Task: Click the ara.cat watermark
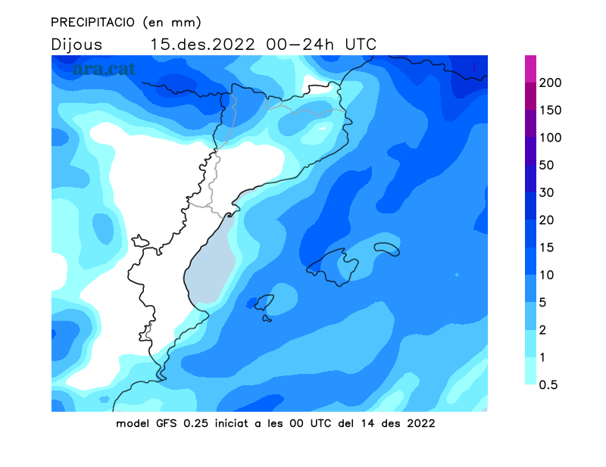pyautogui.click(x=104, y=69)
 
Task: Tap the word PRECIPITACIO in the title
pyautogui.click(x=92, y=23)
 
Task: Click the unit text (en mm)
pyautogui.click(x=172, y=23)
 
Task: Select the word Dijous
pyautogui.click(x=77, y=45)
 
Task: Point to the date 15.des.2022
pyautogui.click(x=202, y=45)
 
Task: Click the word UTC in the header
pyautogui.click(x=361, y=45)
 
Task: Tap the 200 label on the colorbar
pyautogui.click(x=550, y=83)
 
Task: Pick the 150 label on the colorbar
pyautogui.click(x=550, y=110)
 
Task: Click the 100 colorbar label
pyautogui.click(x=550, y=138)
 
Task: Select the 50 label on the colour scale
pyautogui.click(x=546, y=165)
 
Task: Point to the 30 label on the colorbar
pyautogui.click(x=546, y=192)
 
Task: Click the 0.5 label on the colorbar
pyautogui.click(x=548, y=384)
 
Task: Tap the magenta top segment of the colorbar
pyautogui.click(x=531, y=69)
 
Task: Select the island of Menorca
pyautogui.click(x=387, y=249)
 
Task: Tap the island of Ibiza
pyautogui.click(x=264, y=302)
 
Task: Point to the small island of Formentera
pyautogui.click(x=267, y=319)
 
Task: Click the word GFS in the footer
pyautogui.click(x=167, y=423)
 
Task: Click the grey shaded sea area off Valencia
pyautogui.click(x=210, y=263)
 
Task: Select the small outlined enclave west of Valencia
pyautogui.click(x=140, y=241)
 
